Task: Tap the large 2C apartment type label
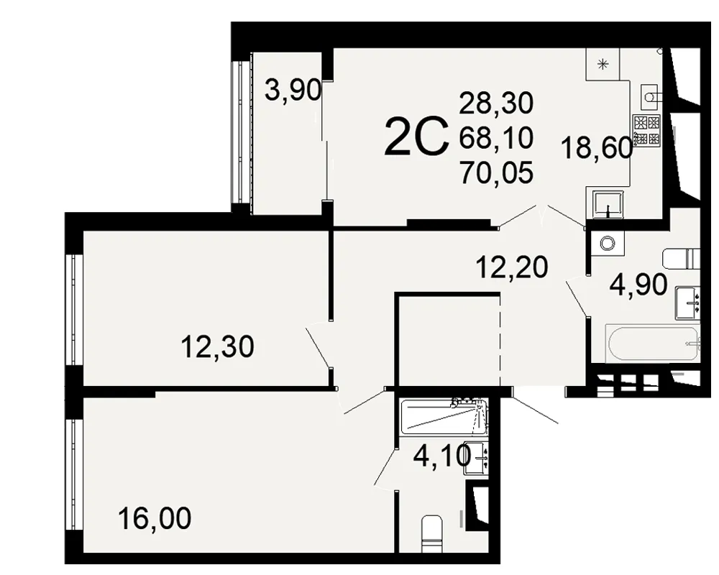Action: pos(416,136)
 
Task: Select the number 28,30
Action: pos(496,103)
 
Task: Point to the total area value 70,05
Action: pos(496,173)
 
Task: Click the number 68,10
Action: pos(496,137)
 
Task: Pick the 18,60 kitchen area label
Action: pos(597,149)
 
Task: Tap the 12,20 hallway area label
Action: pos(512,267)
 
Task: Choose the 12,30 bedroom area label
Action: pos(217,346)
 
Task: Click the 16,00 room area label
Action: pos(155,519)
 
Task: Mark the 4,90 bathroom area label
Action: pos(638,285)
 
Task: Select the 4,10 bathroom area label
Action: pos(442,456)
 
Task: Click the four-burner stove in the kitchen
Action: pos(646,130)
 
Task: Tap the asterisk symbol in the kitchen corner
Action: pos(603,64)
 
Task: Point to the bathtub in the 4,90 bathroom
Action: pos(653,343)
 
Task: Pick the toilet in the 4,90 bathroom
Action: pos(682,259)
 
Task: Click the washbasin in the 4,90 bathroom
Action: pos(688,303)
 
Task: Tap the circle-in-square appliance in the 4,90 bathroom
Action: pos(607,242)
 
